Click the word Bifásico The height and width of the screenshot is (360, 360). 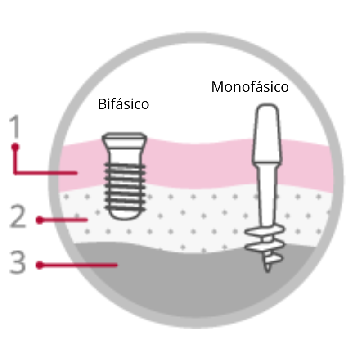point(123,104)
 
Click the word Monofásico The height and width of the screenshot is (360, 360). point(250,86)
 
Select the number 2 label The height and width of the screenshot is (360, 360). point(18,217)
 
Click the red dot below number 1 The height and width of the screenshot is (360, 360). point(15,147)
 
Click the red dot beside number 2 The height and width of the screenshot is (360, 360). point(40,220)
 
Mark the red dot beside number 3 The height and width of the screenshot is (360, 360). point(40,265)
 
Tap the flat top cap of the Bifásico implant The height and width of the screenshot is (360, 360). point(123,136)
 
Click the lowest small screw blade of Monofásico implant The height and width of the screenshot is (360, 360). point(272,258)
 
